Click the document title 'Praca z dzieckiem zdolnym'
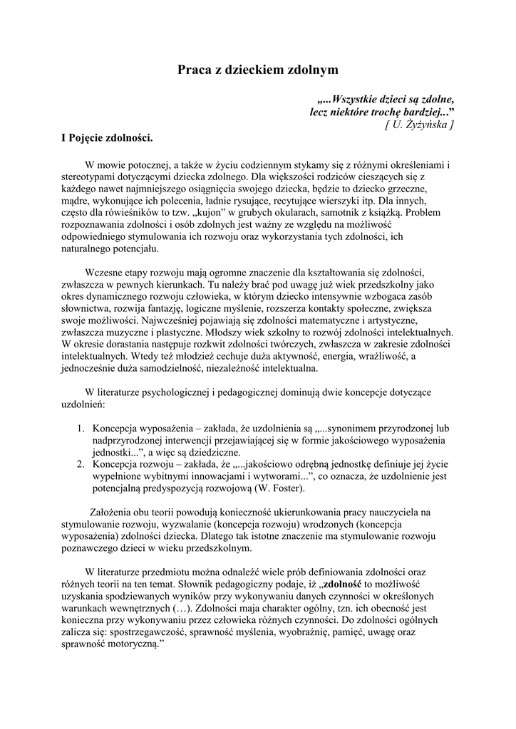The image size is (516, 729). (257, 70)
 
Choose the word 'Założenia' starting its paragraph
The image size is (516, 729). (113, 513)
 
